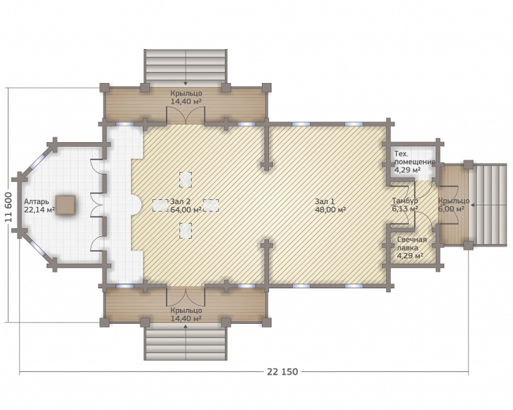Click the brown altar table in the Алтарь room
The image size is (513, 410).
tap(66, 205)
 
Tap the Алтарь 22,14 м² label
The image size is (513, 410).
tap(39, 206)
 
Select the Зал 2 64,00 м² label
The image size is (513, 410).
tap(185, 205)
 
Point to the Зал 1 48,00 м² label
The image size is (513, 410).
tap(330, 205)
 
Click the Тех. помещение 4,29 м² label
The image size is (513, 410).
tap(414, 162)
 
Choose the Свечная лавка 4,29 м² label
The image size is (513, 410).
tap(412, 248)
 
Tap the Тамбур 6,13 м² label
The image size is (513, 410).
tap(405, 205)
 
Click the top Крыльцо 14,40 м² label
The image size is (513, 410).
tap(185, 98)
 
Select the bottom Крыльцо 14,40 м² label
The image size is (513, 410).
tap(185, 314)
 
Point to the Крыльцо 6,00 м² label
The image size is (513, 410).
tap(454, 205)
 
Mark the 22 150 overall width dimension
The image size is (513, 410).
tap(283, 371)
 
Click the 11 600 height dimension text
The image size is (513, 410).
tap(9, 207)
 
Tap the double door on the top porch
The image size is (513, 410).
tap(185, 115)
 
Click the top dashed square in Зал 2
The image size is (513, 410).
tap(185, 179)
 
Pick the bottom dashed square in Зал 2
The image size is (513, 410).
tap(185, 230)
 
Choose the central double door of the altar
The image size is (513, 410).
tap(97, 205)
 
